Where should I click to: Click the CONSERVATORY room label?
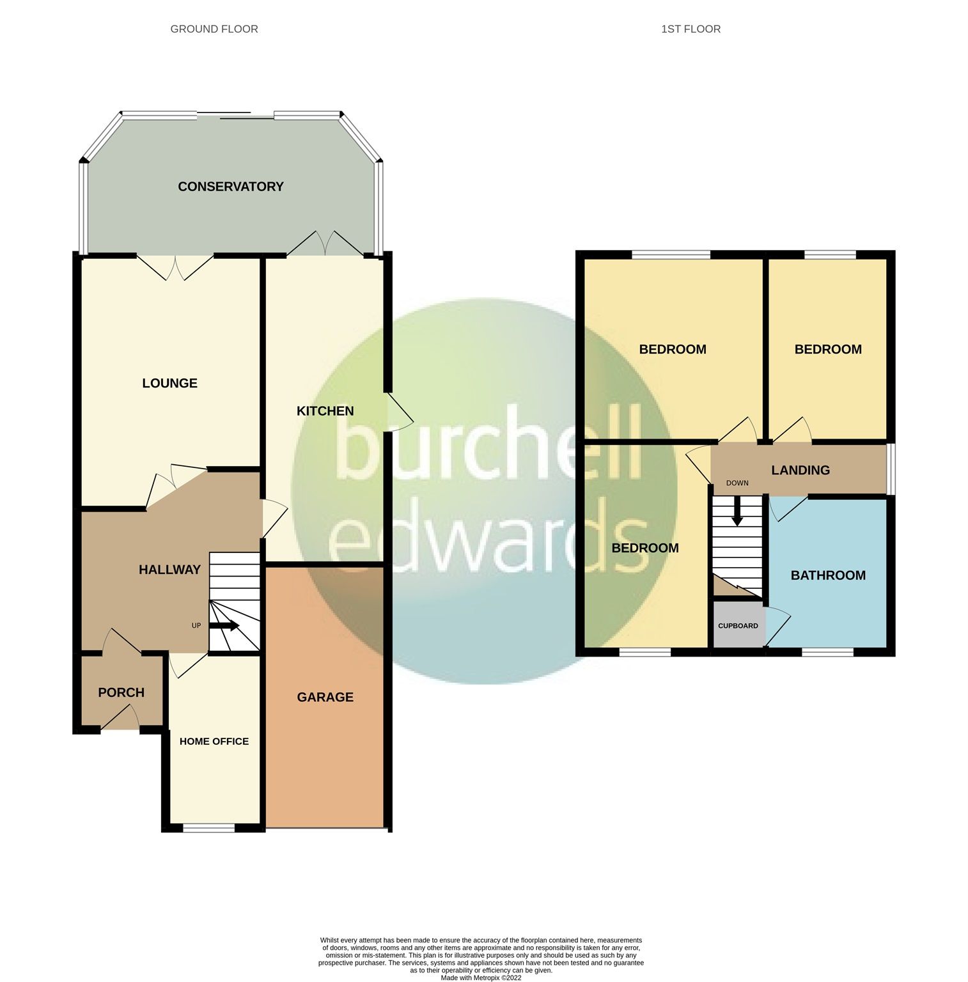pyautogui.click(x=230, y=187)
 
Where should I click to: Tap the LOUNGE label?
pyautogui.click(x=169, y=383)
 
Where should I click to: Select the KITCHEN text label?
pyautogui.click(x=325, y=411)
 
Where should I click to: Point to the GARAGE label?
pyautogui.click(x=325, y=697)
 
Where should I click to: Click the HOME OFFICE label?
pyautogui.click(x=214, y=742)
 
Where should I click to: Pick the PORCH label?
pyautogui.click(x=121, y=692)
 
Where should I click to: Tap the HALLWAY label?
pyautogui.click(x=169, y=570)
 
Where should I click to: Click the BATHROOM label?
pyautogui.click(x=828, y=575)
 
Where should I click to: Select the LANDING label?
pyautogui.click(x=800, y=471)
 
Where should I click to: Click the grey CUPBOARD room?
pyautogui.click(x=738, y=626)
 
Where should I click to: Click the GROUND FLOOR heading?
pyautogui.click(x=214, y=29)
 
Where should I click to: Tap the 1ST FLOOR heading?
pyautogui.click(x=691, y=29)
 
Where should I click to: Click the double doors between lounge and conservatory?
pyautogui.click(x=175, y=267)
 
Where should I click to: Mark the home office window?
pyautogui.click(x=208, y=829)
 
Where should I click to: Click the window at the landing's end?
pyautogui.click(x=891, y=469)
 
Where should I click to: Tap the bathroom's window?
pyautogui.click(x=827, y=652)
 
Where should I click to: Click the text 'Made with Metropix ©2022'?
pyautogui.click(x=481, y=978)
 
